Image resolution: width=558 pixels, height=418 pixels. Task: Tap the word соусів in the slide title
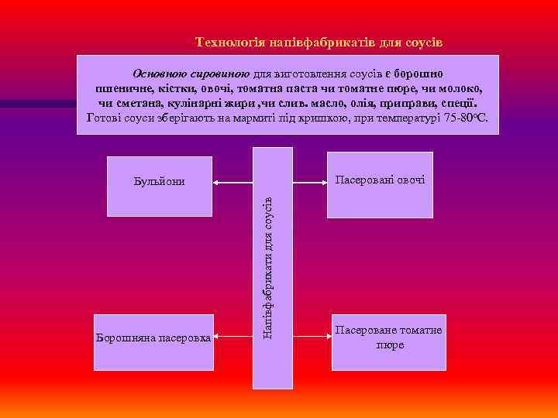coord(425,41)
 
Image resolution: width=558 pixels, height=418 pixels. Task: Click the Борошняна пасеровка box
coord(153,341)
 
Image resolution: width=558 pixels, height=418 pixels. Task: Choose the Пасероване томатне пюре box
coord(389,341)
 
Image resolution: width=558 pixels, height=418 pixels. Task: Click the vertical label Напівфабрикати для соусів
coord(267,267)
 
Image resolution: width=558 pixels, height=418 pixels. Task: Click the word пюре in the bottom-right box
coord(390,345)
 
